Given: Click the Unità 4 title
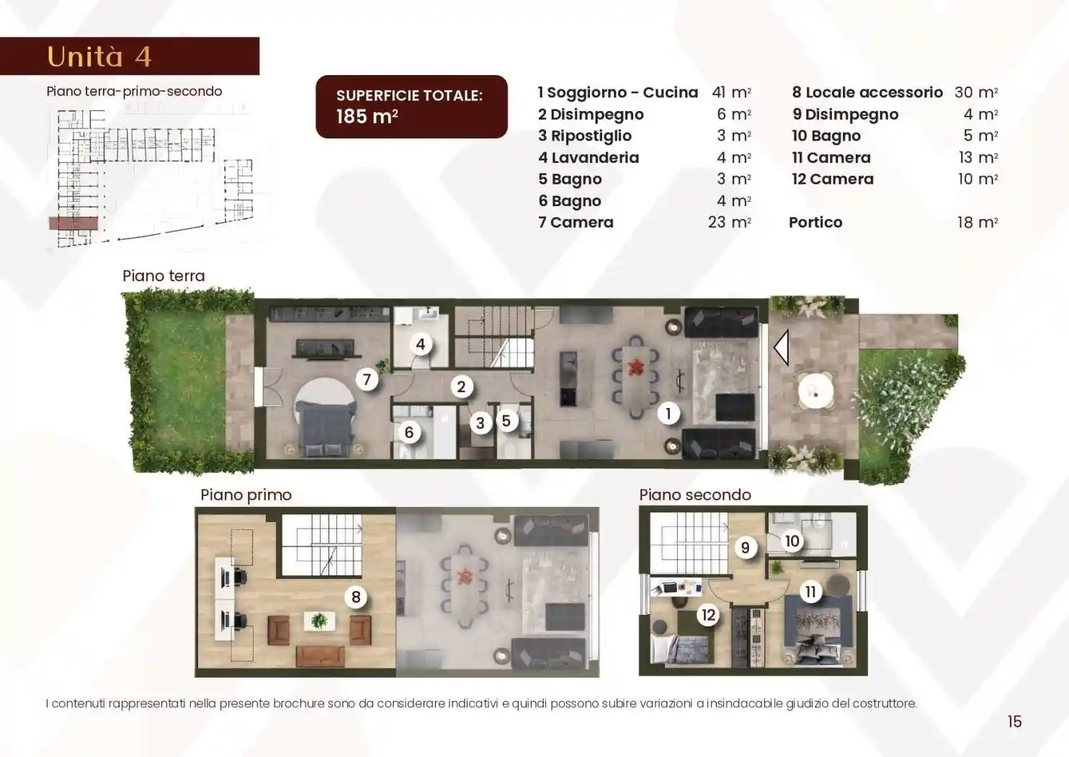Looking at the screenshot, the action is (99, 56).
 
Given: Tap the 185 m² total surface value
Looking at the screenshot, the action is (367, 116).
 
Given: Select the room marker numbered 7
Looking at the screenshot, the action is (367, 380).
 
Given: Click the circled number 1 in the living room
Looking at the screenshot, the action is (668, 414).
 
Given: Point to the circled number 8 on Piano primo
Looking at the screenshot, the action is (356, 596).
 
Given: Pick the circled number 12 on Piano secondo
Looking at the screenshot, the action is (708, 615).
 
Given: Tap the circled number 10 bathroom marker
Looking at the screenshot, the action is (792, 541).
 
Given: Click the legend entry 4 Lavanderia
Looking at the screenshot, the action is (589, 158).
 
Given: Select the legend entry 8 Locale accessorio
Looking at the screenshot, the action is (867, 92).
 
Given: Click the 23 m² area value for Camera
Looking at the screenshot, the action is (730, 222).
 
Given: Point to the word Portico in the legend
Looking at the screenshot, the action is (815, 222).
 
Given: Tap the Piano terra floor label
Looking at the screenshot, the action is (164, 275).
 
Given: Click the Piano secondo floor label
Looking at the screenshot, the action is (695, 495).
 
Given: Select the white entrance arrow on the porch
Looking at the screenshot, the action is (782, 347).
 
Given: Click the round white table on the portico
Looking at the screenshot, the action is (815, 391).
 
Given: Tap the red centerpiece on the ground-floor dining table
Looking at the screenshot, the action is (635, 367).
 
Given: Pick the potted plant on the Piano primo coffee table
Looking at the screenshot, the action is (319, 621).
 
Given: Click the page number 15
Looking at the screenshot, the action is (1014, 721).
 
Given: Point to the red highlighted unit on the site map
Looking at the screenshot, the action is (73, 223).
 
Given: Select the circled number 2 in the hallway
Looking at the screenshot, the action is (461, 386).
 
